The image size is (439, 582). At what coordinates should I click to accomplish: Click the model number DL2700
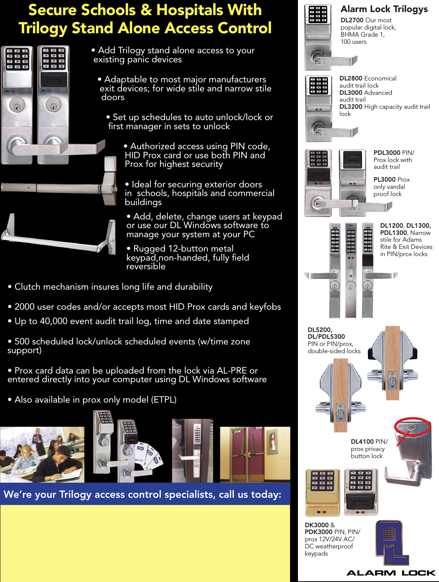352,20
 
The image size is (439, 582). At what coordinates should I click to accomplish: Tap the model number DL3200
351,107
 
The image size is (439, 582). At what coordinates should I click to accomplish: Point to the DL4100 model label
362,442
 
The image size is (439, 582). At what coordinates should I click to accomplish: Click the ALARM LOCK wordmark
391,573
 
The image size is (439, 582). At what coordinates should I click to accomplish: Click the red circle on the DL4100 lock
412,426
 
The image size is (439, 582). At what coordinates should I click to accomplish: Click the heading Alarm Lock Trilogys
384,9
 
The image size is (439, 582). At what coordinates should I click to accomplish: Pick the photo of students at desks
42,454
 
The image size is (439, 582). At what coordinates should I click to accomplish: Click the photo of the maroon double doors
255,454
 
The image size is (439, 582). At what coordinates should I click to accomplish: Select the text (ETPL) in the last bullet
164,400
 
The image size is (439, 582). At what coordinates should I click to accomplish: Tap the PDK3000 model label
319,532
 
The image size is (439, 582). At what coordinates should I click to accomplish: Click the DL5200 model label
320,330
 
